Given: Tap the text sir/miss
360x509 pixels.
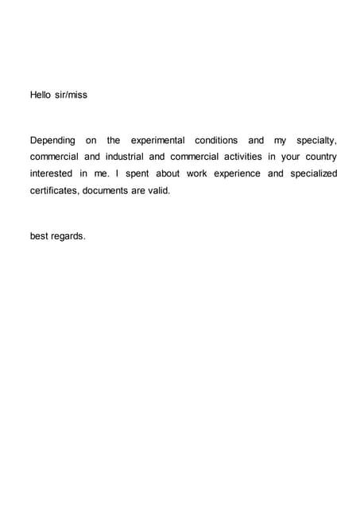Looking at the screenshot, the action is tap(73, 95).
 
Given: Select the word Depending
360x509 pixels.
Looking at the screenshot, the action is tap(52, 141).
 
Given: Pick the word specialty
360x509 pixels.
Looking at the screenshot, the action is tap(315, 141).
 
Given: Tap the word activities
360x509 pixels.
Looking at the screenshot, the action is tap(236, 157).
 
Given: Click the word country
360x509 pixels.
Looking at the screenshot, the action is tap(319, 157).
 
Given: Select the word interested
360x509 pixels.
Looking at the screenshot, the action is tap(52, 173).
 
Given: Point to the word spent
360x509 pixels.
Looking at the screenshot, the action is tap(130, 173).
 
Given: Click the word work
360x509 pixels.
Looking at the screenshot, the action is tap(196, 173).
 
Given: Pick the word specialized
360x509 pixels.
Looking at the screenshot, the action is tap(313, 173).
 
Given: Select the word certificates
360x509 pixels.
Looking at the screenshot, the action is tap(54, 191).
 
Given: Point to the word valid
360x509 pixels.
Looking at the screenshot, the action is tap(158, 191).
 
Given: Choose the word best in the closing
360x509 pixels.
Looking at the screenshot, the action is tap(40, 236).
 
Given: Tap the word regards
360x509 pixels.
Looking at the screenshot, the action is tap(69, 237).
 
